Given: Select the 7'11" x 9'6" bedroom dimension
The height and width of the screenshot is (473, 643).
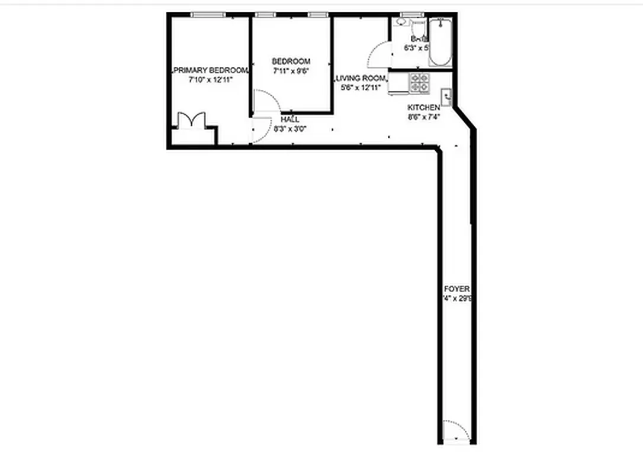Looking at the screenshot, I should (291, 70).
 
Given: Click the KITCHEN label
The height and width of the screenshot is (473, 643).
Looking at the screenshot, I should (423, 108).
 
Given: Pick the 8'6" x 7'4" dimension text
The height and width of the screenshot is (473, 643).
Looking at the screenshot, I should (423, 117).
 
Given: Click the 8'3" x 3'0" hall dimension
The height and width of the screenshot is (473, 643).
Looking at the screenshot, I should (290, 128).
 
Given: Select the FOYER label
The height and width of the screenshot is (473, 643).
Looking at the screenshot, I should (456, 289).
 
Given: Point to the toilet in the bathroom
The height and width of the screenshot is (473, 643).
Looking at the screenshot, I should (418, 28).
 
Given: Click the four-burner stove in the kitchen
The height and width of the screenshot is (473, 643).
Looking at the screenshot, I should (420, 83).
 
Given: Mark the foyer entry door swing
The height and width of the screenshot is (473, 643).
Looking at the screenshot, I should (456, 430).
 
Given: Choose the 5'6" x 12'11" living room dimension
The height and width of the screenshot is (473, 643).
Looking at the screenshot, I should (361, 88).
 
